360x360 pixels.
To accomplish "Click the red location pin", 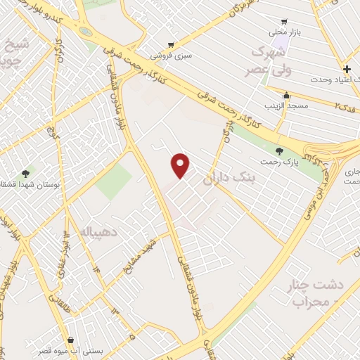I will coord(181,165).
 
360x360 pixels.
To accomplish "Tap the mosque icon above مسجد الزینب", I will coord(285,95).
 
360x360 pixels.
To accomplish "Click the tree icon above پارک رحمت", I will coord(280,151).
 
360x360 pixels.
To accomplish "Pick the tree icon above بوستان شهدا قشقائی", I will coord(26,173).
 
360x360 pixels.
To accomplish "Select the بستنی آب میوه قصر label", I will coord(74,349).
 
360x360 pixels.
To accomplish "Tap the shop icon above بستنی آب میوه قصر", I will coord(70,339).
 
